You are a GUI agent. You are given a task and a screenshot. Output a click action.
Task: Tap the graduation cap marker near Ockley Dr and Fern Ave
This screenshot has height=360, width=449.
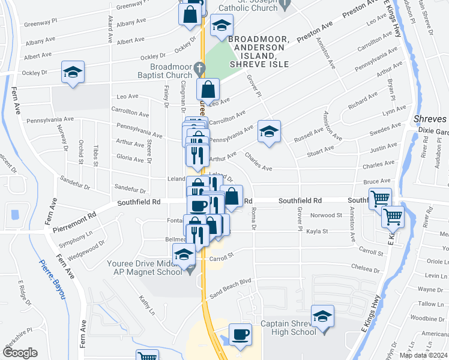(x=73, y=73)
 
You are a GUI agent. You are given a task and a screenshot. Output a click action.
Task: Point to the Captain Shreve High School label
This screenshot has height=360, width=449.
(x=288, y=328)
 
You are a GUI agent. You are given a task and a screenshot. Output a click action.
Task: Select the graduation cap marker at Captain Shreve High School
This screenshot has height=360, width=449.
(x=322, y=316)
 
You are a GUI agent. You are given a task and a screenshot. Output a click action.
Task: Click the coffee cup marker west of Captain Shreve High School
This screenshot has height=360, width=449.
(x=240, y=334)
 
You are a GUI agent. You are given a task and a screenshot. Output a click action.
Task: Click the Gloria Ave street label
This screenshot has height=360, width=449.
(x=130, y=160)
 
